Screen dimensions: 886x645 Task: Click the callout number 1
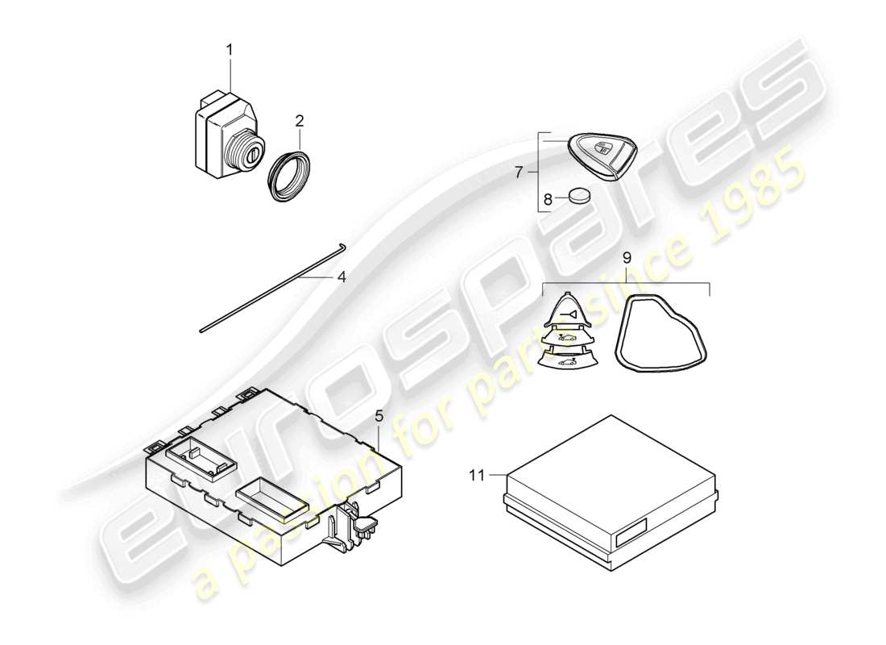coord(229,50)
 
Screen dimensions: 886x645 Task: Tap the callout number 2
coord(300,122)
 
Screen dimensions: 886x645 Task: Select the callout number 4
coord(342,277)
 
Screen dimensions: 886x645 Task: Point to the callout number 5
coord(379,416)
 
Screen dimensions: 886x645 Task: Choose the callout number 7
coord(519,172)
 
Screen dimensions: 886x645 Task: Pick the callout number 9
coord(626,260)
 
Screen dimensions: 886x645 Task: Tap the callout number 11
coord(478,476)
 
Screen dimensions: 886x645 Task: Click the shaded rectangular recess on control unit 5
coord(271,497)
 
